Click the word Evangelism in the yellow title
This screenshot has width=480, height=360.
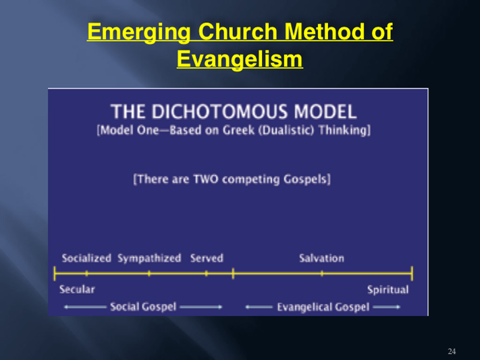pos(240,59)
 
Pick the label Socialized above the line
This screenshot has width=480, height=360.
pos(86,258)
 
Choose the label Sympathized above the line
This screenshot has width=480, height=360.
pos(149,258)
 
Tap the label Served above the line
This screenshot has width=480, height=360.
pos(207,258)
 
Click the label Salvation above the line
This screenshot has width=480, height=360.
pos(321,258)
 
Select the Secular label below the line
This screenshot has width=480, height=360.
pos(77,289)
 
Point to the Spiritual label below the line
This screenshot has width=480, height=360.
pos(388,290)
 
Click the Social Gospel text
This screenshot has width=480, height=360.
pos(143,307)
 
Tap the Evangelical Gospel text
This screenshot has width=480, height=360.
pos(323,307)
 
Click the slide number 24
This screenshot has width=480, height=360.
pos(452,351)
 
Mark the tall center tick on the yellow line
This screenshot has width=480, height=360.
pos(233,273)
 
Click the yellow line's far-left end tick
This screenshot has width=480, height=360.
pos(55,274)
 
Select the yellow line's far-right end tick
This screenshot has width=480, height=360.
pos(412,274)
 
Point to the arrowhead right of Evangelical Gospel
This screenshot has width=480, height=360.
pos(398,307)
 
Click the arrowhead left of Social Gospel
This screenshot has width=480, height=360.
pos(66,307)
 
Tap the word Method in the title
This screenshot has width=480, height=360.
pos(325,31)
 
